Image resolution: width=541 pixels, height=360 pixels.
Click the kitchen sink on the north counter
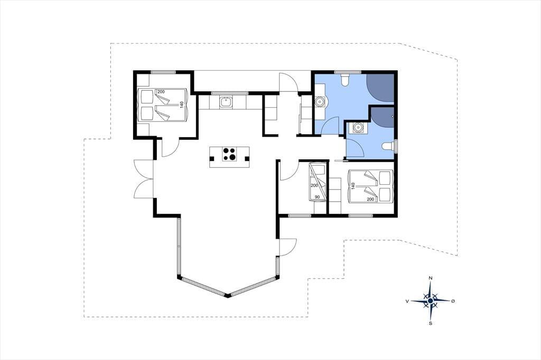pos(226,102)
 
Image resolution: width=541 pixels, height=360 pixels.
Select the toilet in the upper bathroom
pos(344,80)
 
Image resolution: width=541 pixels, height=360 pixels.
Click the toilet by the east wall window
pos(388,147)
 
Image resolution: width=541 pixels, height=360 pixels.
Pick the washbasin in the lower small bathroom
pos(358,128)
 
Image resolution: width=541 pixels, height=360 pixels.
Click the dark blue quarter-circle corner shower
pos(380,88)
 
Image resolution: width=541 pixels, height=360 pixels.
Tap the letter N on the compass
pos(430,278)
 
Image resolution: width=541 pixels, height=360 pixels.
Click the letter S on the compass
pos(431,324)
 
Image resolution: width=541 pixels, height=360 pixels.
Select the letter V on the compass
pos(407,301)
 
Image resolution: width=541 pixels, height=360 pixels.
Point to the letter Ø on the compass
pos(453,301)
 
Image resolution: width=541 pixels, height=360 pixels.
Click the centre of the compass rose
pos(430,301)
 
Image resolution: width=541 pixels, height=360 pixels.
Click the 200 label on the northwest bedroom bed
pos(161,92)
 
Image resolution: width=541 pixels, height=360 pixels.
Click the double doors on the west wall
pos(143,178)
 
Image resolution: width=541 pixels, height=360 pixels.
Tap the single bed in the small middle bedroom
pos(318,183)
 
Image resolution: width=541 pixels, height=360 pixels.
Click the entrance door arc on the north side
pos(288,82)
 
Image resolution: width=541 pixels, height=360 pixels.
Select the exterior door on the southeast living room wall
pos(288,247)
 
